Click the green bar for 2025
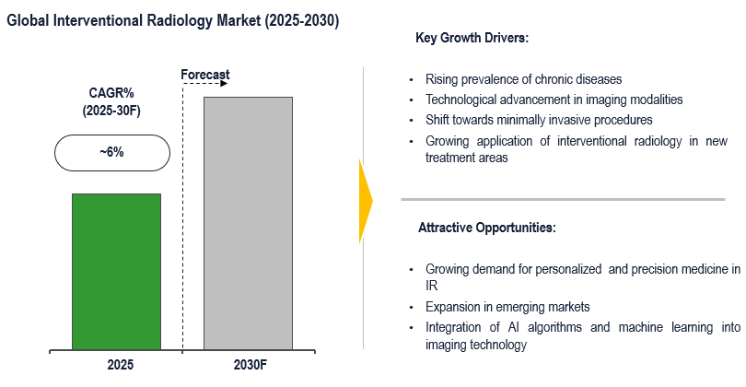(116, 272)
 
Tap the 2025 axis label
(116, 366)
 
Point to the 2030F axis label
(249, 366)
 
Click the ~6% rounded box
(111, 152)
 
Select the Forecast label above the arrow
(204, 74)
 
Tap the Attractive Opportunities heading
(486, 227)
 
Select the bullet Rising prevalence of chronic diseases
(524, 79)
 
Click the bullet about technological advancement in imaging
(554, 100)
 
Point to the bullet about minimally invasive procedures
(539, 120)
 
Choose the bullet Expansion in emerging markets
(507, 307)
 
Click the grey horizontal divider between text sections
(571, 199)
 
